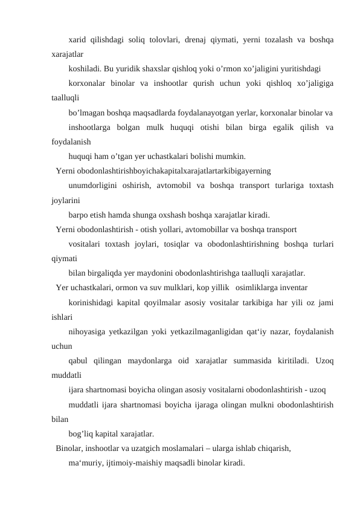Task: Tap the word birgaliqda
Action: pyautogui.click(x=105, y=272)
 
